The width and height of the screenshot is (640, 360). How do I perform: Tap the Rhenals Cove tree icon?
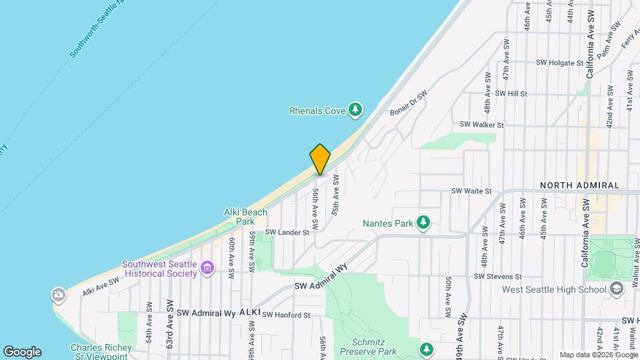[357, 109]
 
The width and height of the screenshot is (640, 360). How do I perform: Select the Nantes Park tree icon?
[423, 223]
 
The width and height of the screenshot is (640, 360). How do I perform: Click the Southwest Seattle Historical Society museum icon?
[207, 269]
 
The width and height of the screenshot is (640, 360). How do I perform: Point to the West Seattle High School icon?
[616, 288]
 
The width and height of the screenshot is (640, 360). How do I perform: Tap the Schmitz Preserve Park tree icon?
[426, 349]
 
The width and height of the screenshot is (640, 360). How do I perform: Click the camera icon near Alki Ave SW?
[59, 294]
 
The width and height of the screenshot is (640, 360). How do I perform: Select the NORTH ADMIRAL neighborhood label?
[579, 185]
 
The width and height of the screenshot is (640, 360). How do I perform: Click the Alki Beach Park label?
[245, 217]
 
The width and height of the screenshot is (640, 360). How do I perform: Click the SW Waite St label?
[471, 191]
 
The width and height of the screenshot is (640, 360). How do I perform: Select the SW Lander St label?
[287, 233]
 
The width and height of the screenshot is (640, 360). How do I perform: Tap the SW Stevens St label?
[497, 276]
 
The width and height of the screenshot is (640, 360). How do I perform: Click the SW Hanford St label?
[286, 315]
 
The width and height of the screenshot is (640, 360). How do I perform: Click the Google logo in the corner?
[22, 351]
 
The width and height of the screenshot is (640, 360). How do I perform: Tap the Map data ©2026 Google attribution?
[599, 355]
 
